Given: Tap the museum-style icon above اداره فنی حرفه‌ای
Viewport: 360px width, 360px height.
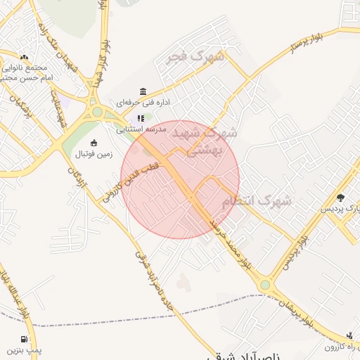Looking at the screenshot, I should click(x=143, y=92).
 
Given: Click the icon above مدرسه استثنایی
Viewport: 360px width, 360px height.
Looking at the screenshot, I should click(x=141, y=118).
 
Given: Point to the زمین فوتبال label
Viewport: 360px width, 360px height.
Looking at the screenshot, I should click(x=93, y=153).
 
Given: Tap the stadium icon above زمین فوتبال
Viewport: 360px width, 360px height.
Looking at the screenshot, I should click(x=94, y=143).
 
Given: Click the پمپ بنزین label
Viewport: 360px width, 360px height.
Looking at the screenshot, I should click(x=25, y=349).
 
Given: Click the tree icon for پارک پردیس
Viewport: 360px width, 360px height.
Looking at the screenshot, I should click(x=341, y=198).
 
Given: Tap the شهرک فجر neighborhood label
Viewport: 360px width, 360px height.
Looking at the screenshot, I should click(x=195, y=56).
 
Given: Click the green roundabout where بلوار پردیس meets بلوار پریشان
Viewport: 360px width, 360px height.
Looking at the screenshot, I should click(x=265, y=285).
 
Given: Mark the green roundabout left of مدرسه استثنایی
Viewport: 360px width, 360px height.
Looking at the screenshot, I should click(x=97, y=112).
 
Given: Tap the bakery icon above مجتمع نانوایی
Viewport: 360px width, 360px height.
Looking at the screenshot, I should click(x=25, y=58).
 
